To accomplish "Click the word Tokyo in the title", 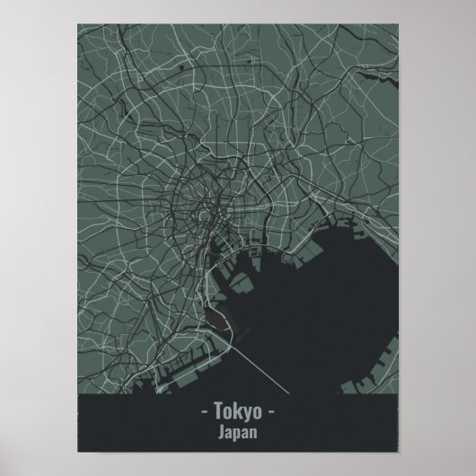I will pyautogui.click(x=238, y=412).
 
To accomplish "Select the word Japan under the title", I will pyautogui.click(x=238, y=432).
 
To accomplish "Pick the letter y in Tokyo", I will pyautogui.click(x=246, y=414).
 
